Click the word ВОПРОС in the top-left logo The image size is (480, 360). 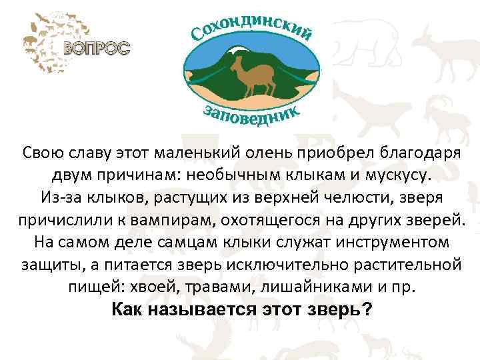pyautogui.click(x=97, y=48)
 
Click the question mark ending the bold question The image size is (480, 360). pyautogui.click(x=367, y=310)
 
